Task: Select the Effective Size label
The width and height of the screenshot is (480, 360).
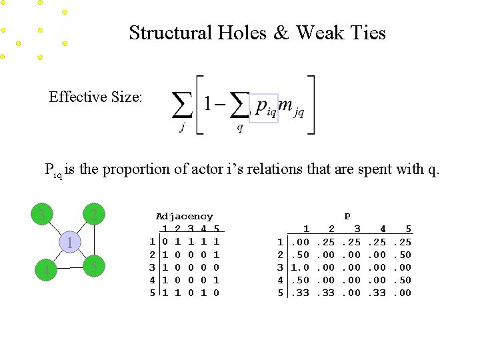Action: click(x=95, y=97)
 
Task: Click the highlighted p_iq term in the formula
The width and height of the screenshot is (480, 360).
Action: click(x=266, y=107)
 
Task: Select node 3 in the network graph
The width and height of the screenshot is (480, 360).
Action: click(x=41, y=215)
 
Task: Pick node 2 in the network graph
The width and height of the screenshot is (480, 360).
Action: click(x=95, y=215)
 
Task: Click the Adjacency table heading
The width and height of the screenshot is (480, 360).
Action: click(x=184, y=217)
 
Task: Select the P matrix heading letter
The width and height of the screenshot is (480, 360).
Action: click(x=347, y=217)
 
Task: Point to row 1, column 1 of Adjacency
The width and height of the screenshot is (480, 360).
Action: click(x=165, y=242)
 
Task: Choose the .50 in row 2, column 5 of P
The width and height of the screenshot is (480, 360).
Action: click(x=404, y=255)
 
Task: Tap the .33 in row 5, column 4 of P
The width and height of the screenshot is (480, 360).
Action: click(x=379, y=293)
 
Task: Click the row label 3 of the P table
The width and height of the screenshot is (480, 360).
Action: click(x=280, y=267)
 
